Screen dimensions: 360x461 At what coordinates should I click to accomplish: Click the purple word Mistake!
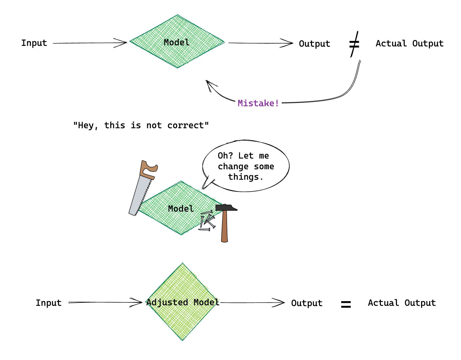(x=258, y=103)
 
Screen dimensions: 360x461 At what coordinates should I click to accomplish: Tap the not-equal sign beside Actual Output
(x=354, y=44)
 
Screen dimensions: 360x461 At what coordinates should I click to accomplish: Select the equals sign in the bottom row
(x=346, y=304)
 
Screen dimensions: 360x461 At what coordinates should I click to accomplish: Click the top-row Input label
(x=34, y=43)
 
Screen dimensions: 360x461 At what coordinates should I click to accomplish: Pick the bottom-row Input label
(x=49, y=303)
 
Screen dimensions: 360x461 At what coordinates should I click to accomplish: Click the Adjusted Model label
(x=183, y=302)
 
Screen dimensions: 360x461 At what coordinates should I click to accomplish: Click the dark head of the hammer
(x=226, y=208)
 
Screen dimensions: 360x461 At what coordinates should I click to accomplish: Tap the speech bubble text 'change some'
(x=246, y=167)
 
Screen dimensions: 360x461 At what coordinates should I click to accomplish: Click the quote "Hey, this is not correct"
(x=141, y=125)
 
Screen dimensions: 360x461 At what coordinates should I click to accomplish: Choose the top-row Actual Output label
(x=409, y=43)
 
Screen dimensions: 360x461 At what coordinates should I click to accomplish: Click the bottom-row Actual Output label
(x=401, y=303)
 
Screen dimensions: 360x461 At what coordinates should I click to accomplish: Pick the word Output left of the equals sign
(x=307, y=303)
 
